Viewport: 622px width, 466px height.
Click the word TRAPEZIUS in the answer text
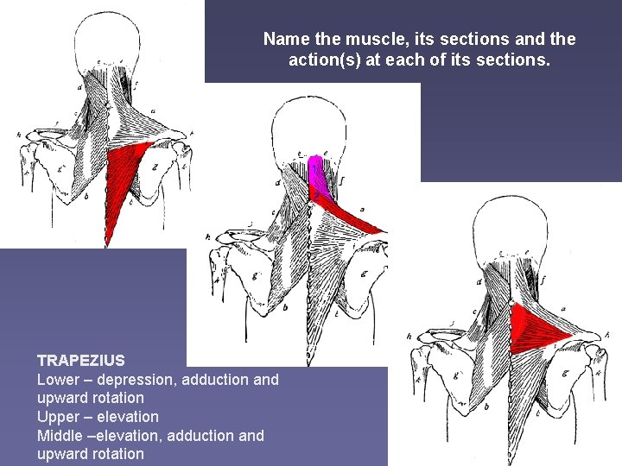click(x=80, y=360)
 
